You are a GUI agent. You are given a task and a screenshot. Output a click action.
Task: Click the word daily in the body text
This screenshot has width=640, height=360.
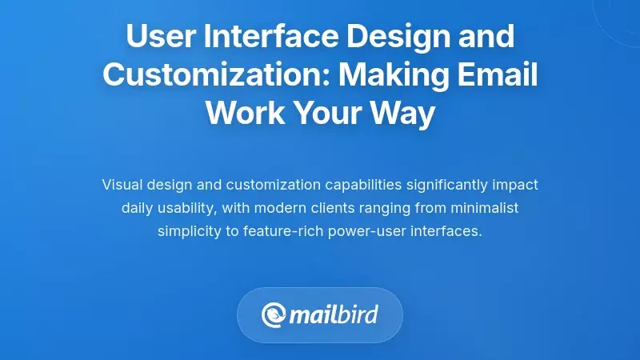pos(138,208)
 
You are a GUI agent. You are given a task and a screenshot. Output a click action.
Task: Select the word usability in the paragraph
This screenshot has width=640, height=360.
pos(187,208)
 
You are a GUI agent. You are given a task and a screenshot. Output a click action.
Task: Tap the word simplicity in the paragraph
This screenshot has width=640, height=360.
pos(189,231)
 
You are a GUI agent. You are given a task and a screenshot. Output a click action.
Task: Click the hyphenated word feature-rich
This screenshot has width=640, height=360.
pos(277,231)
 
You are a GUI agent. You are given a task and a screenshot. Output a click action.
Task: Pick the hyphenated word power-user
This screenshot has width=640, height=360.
pos(358,231)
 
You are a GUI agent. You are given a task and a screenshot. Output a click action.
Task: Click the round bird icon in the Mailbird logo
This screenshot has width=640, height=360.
pos(274,314)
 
